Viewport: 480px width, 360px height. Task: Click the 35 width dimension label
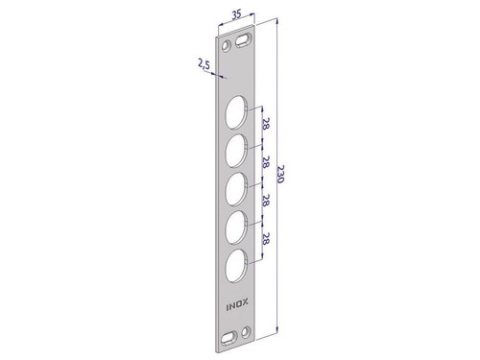236,14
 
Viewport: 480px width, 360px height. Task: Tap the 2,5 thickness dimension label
204,65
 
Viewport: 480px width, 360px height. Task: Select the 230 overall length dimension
279,174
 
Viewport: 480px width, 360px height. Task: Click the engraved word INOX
237,305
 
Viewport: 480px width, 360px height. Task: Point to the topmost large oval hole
237,112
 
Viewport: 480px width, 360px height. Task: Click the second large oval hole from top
236,151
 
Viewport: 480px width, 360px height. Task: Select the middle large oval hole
236,189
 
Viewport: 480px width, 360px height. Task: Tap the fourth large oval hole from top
236,228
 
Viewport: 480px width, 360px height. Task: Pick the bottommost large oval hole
236,266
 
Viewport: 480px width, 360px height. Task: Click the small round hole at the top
228,46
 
